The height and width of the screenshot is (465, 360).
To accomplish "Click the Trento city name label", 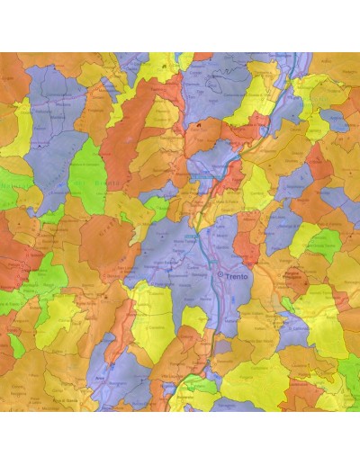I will [x=238, y=275].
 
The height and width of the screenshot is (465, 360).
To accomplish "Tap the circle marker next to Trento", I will [x=220, y=274].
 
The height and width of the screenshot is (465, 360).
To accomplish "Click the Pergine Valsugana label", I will [x=297, y=274].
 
